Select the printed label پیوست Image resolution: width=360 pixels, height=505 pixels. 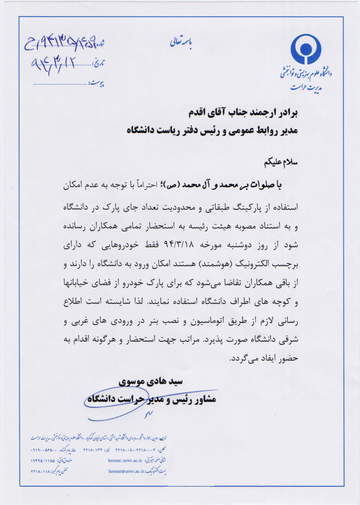click(96, 83)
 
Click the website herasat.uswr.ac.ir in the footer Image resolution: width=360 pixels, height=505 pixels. click(129, 460)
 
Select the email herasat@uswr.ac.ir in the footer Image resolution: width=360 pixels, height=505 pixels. click(129, 471)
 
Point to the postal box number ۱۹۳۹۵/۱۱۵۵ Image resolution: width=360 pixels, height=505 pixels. click(45, 460)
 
